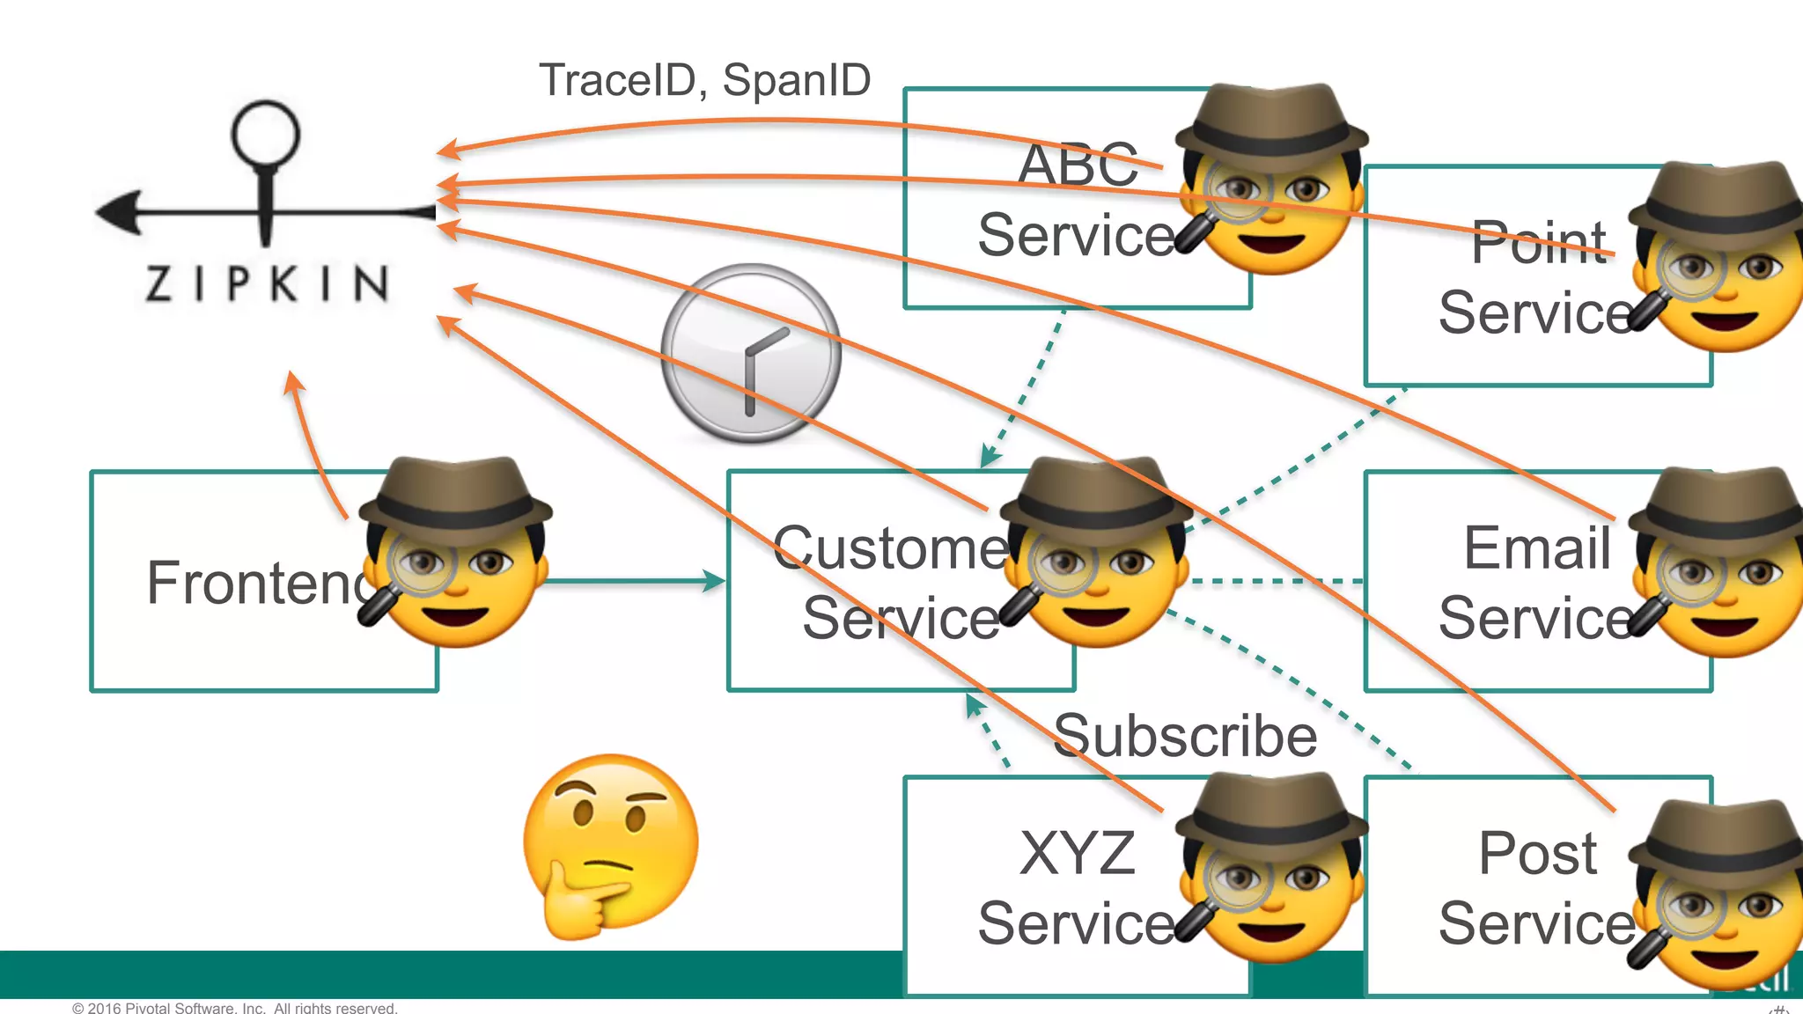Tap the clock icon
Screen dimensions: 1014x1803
tap(751, 353)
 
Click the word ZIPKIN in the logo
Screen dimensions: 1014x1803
tap(267, 283)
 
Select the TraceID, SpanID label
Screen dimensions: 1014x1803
tap(704, 80)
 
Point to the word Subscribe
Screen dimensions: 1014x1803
tap(1185, 736)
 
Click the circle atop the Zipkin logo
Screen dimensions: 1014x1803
tap(265, 135)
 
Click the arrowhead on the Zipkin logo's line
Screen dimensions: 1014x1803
tap(119, 212)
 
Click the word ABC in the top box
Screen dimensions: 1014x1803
tap(1078, 165)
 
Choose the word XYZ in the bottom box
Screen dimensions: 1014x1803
tap(1078, 853)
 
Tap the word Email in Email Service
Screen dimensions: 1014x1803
tap(1537, 547)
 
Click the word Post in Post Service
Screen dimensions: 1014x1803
tap(1537, 853)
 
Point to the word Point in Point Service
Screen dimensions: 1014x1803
tap(1539, 242)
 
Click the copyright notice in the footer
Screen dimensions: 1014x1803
tap(235, 1008)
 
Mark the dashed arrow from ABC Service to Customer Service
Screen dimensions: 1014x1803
tap(1026, 387)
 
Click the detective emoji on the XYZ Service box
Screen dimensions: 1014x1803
tap(1270, 871)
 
